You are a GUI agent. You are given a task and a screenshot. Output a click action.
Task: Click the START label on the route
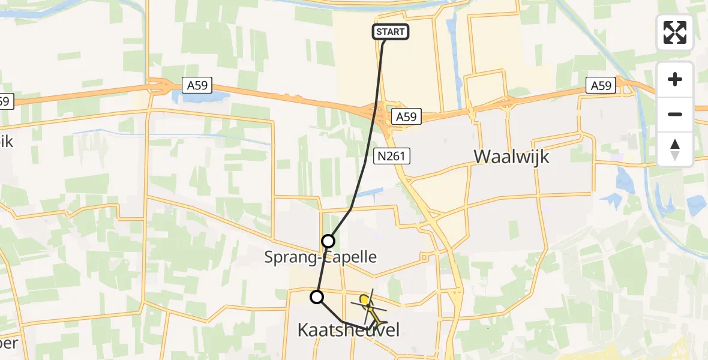(391, 32)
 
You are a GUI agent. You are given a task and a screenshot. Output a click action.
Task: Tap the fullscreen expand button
(675, 32)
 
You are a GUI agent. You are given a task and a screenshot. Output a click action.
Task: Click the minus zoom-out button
(675, 114)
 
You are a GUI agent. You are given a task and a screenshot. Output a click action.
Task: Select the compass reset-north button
(675, 149)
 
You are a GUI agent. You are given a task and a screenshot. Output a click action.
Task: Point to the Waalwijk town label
(512, 157)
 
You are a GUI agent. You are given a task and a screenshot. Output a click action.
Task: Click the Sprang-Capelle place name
(321, 257)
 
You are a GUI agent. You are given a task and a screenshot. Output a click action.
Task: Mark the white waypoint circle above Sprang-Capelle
(328, 241)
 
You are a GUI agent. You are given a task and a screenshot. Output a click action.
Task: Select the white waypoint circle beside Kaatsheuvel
(316, 296)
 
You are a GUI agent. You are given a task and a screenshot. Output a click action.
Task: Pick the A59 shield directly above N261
(406, 116)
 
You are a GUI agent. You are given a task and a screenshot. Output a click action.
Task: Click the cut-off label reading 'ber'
(8, 344)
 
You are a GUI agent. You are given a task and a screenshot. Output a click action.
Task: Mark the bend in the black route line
(350, 209)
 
